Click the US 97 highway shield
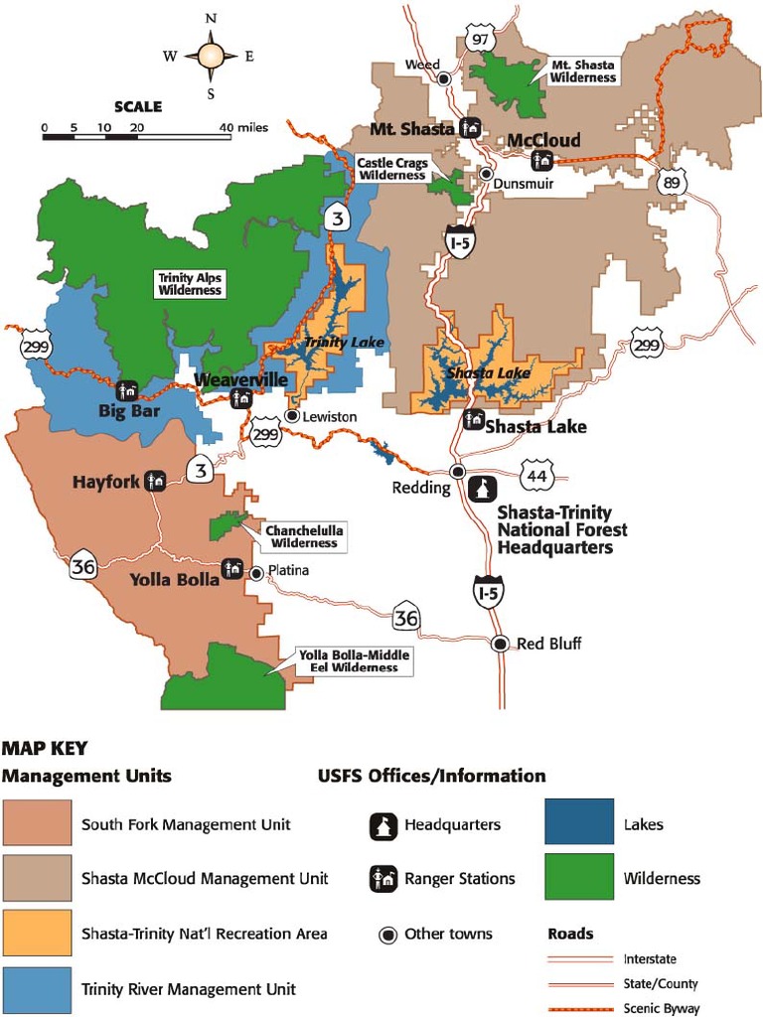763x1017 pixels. (x=481, y=39)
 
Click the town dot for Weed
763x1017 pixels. (x=445, y=77)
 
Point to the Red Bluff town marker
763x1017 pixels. (x=503, y=643)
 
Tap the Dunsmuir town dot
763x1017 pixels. (x=486, y=173)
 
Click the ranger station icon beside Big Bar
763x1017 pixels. (x=127, y=391)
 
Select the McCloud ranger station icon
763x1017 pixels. (x=542, y=160)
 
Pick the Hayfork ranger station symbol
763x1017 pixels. (x=155, y=481)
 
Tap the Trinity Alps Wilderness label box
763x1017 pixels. (x=189, y=284)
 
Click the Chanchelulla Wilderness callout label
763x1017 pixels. (x=304, y=537)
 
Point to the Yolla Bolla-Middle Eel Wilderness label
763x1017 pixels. (x=354, y=661)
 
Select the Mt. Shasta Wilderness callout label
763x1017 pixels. (x=583, y=72)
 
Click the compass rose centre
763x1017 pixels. (x=211, y=56)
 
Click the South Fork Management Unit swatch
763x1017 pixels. (x=37, y=823)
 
